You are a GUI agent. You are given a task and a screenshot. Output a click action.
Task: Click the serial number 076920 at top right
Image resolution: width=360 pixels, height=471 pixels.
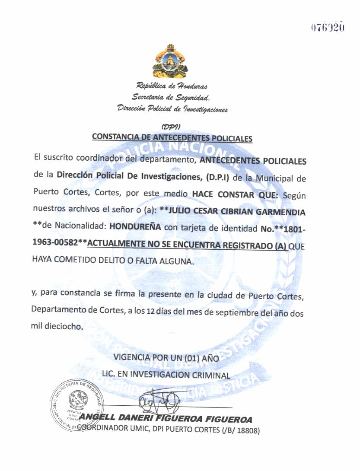[x=328, y=27]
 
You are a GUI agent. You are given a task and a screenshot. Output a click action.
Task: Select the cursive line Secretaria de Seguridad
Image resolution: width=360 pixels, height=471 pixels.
[x=171, y=97]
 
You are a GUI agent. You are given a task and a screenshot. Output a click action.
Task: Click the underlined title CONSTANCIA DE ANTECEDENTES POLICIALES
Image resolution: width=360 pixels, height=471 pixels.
[x=172, y=138]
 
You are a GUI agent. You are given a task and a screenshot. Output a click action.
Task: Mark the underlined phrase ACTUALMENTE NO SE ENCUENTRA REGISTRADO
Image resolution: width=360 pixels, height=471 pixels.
[x=187, y=245]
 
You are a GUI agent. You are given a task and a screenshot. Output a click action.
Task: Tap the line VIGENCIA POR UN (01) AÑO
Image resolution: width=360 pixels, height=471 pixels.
[x=166, y=358]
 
